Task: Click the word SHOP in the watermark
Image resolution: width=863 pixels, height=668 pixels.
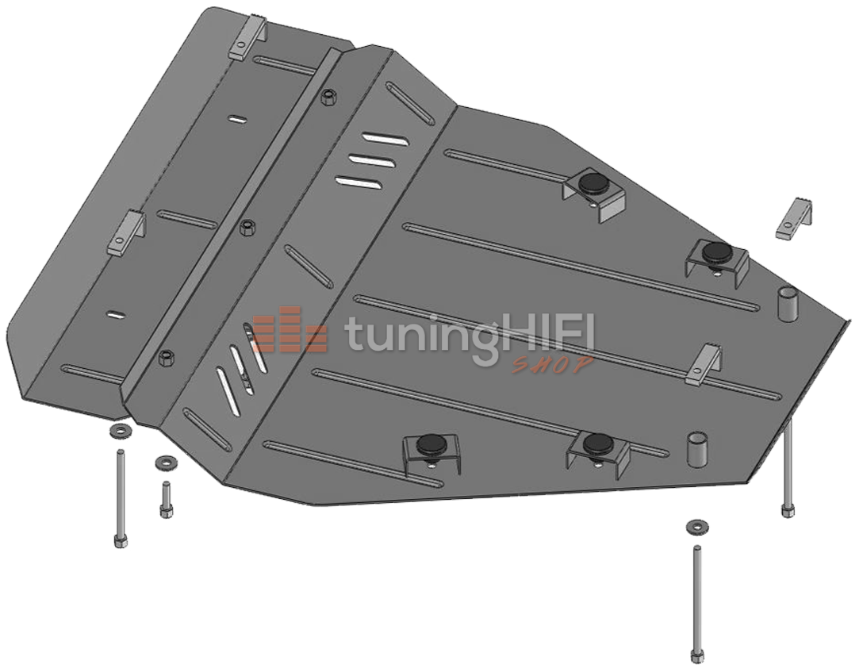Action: pos(553,364)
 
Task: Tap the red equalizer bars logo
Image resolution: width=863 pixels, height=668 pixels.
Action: pos(290,328)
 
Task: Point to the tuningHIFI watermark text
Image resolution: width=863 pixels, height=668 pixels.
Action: pos(468,335)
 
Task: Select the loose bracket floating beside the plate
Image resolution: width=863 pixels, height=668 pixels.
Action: pos(794,218)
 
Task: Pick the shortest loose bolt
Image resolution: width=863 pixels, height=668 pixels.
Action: pos(164,500)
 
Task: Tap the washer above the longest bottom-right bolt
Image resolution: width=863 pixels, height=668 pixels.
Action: pos(697,527)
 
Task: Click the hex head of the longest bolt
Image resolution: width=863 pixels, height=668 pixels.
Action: pos(697,656)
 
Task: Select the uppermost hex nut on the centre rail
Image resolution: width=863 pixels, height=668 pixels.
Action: pos(330,97)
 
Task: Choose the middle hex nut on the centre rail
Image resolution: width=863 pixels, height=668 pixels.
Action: pos(247,227)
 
